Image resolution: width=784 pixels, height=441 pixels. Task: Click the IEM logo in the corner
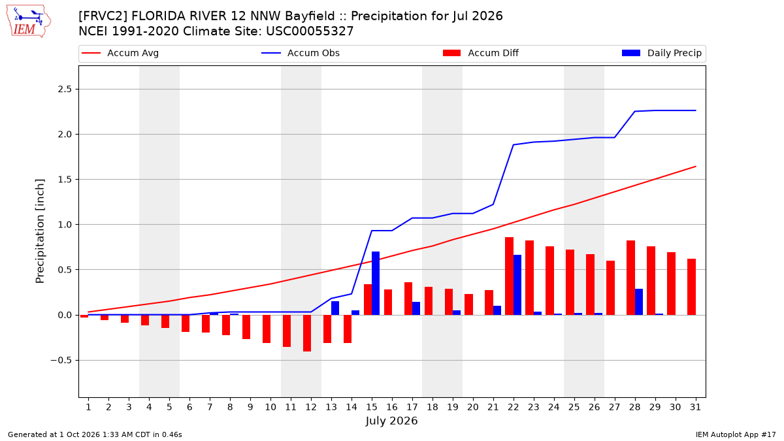pyautogui.click(x=28, y=22)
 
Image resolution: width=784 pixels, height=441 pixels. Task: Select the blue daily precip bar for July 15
pyautogui.click(x=376, y=283)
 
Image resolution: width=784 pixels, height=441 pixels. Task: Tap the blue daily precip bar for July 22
pyautogui.click(x=517, y=285)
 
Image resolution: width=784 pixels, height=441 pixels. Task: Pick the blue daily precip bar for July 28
pyautogui.click(x=639, y=302)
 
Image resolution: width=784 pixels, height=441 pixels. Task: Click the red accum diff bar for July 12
pyautogui.click(x=307, y=333)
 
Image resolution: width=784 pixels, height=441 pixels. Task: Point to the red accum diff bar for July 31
pyautogui.click(x=692, y=287)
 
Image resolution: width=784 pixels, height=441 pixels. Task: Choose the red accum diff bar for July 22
pyautogui.click(x=509, y=276)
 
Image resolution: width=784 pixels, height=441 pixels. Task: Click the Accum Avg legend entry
pyautogui.click(x=120, y=53)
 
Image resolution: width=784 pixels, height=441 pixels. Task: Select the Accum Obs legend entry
pyautogui.click(x=301, y=53)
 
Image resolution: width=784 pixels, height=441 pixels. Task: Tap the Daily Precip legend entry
pyautogui.click(x=662, y=53)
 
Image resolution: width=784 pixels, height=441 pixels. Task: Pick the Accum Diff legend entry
pyautogui.click(x=481, y=53)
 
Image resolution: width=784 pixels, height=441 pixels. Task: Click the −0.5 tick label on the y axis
pyautogui.click(x=61, y=360)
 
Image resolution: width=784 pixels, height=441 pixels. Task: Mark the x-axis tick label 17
pyautogui.click(x=412, y=407)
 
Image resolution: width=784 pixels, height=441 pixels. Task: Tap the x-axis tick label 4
pyautogui.click(x=149, y=407)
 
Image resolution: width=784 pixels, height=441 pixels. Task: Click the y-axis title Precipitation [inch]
pyautogui.click(x=40, y=231)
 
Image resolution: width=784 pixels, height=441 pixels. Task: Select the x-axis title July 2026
pyautogui.click(x=391, y=421)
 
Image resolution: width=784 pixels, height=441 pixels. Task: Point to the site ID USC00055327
pyautogui.click(x=310, y=31)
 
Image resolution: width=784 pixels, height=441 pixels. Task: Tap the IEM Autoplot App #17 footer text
pyautogui.click(x=736, y=434)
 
